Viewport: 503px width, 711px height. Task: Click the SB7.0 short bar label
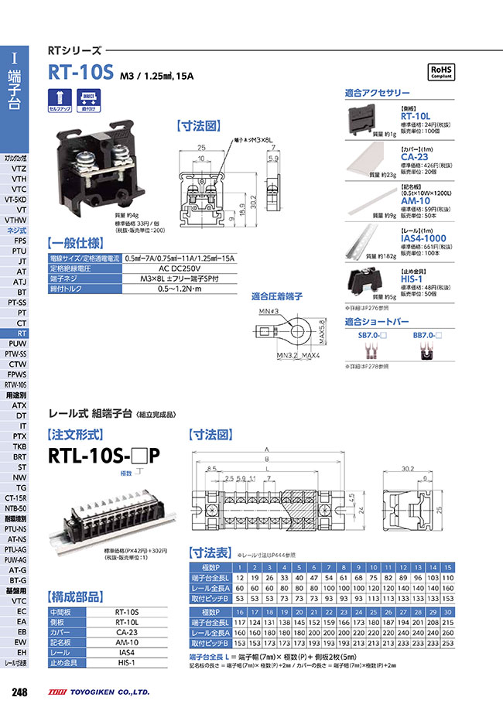coord(371,334)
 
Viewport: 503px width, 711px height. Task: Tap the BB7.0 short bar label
coord(426,334)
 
